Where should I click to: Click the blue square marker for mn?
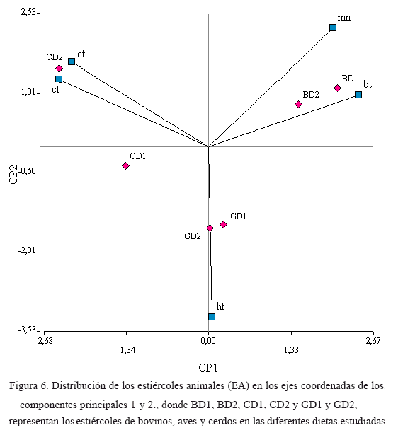[333, 28]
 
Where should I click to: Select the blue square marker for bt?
[358, 95]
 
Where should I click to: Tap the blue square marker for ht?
[212, 317]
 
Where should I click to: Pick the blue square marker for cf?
[72, 62]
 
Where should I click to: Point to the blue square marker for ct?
[59, 79]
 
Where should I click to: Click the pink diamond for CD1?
[125, 165]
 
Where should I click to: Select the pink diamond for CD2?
[59, 69]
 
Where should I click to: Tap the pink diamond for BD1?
[337, 88]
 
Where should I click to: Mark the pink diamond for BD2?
[298, 104]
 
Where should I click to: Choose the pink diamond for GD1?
[223, 225]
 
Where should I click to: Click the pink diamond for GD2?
[210, 228]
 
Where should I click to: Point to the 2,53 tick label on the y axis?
[28, 12]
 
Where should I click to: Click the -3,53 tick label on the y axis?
[27, 330]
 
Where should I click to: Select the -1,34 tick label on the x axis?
[126, 350]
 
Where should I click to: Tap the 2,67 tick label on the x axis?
[373, 341]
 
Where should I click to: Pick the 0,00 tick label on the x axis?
[208, 341]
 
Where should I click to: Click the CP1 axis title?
[208, 368]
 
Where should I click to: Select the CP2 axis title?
[13, 175]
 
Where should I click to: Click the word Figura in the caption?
[23, 386]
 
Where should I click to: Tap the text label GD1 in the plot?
[238, 216]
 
